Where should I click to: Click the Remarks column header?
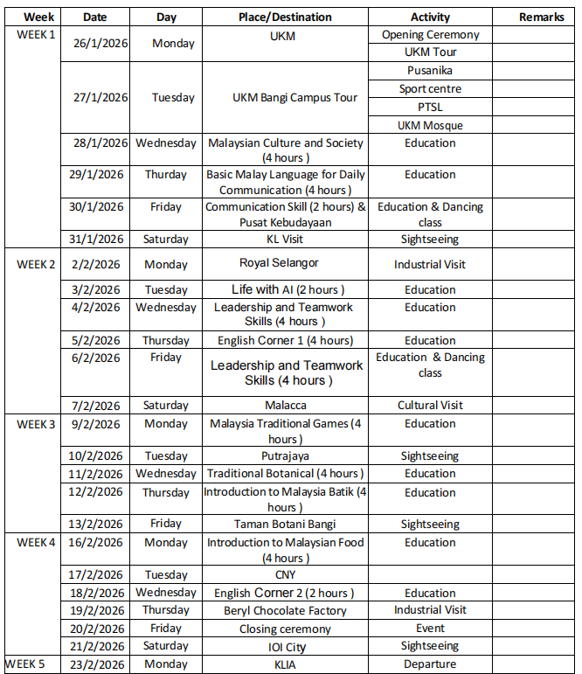[541, 17]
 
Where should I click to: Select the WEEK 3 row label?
[36, 424]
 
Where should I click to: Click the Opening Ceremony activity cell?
[430, 35]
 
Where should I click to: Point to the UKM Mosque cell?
[430, 125]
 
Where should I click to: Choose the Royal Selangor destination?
[279, 262]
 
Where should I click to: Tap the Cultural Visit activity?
[430, 405]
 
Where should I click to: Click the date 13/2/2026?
[95, 524]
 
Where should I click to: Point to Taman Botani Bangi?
[285, 524]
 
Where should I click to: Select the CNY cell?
[285, 574]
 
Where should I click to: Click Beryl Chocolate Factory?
[285, 610]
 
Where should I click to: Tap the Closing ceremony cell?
[285, 629]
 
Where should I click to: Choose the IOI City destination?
[285, 646]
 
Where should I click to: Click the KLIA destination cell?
[285, 664]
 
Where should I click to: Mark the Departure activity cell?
[430, 664]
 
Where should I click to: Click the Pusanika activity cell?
[430, 71]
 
